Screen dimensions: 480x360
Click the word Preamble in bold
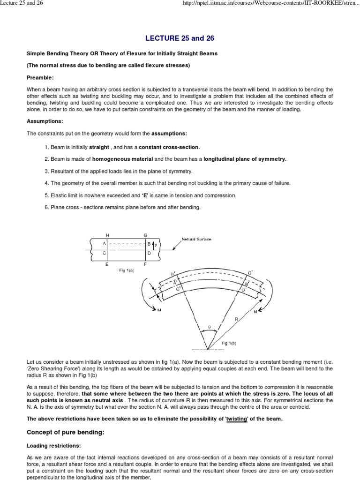pyautogui.click(x=40, y=77)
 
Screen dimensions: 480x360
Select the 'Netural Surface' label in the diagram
pyautogui.click(x=196, y=240)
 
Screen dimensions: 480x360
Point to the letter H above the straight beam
pyautogui.click(x=107, y=235)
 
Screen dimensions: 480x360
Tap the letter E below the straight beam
pyautogui.click(x=107, y=264)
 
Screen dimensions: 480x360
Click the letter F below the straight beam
pyautogui.click(x=145, y=264)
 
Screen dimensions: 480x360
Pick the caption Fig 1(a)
pyautogui.click(x=127, y=270)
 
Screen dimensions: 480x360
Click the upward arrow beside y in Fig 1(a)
pyautogui.click(x=152, y=244)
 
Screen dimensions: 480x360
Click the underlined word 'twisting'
pyautogui.click(x=237, y=419)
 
